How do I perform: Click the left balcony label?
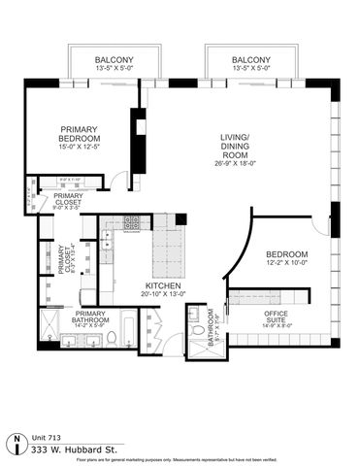click(x=102, y=61)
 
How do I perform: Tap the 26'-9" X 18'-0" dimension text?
click(x=235, y=164)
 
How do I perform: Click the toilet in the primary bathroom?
click(x=112, y=337)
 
